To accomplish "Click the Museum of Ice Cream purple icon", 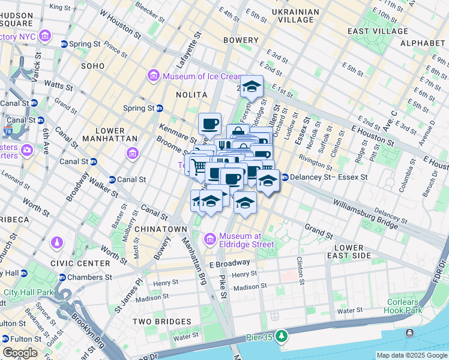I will tap(152, 76).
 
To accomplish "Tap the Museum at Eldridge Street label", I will tap(246, 239).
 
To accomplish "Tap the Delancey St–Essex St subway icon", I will tap(285, 177).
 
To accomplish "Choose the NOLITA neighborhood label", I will tap(191, 95).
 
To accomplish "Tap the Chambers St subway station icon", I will tap(62, 277).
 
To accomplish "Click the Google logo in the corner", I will tap(20, 353).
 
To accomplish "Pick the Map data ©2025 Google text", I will tap(412, 355).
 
